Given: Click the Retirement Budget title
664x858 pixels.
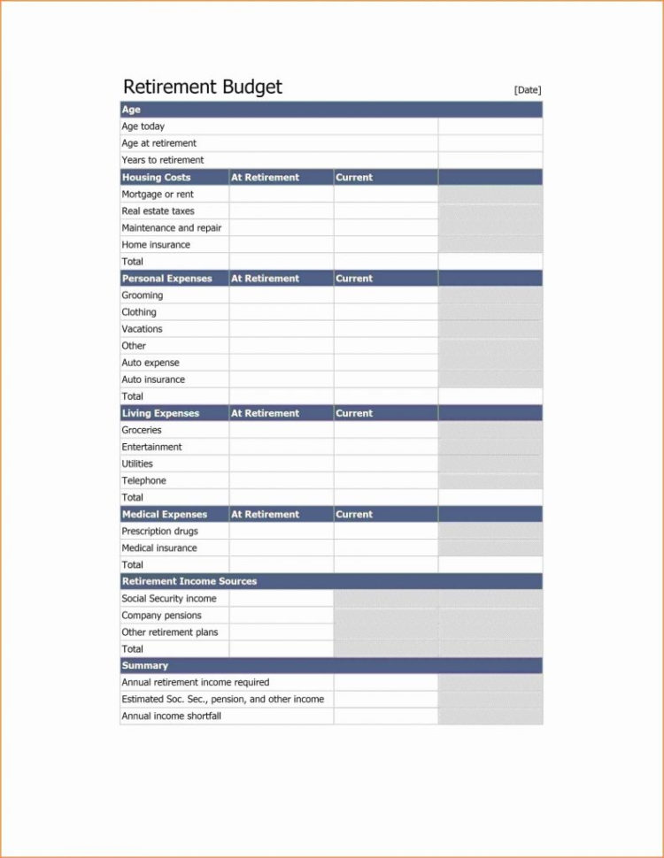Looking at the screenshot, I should pyautogui.click(x=203, y=87).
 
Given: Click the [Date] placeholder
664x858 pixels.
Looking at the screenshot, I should pyautogui.click(x=527, y=89).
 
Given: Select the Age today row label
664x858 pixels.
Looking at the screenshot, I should pyautogui.click(x=143, y=126).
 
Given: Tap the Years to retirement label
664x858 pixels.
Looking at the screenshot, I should pyautogui.click(x=163, y=160).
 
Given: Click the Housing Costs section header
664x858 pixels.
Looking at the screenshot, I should pyautogui.click(x=156, y=177).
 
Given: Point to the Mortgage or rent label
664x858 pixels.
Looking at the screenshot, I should pyautogui.click(x=158, y=194).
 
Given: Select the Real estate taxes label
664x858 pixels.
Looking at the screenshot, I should pyautogui.click(x=158, y=211).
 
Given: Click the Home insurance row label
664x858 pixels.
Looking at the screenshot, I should pyautogui.click(x=156, y=245).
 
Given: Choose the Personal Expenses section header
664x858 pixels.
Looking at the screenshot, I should pyautogui.click(x=166, y=279).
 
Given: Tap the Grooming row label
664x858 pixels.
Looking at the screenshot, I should pyautogui.click(x=143, y=295).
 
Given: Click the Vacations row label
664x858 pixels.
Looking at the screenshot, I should pyautogui.click(x=143, y=329).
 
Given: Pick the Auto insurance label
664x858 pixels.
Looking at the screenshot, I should pyautogui.click(x=153, y=379).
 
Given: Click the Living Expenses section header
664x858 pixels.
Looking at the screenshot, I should pyautogui.click(x=160, y=413).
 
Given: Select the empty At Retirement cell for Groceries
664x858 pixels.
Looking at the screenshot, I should pyautogui.click(x=282, y=430).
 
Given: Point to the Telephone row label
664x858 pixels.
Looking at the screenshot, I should pyautogui.click(x=143, y=481).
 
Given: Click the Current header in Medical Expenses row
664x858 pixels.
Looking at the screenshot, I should pyautogui.click(x=354, y=514).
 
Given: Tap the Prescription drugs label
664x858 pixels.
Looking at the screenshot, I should pyautogui.click(x=159, y=532).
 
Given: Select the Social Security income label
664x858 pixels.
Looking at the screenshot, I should pyautogui.click(x=169, y=599).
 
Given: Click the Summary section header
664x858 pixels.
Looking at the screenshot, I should pyautogui.click(x=144, y=665).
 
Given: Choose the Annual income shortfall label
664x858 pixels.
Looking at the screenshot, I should pyautogui.click(x=171, y=716).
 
